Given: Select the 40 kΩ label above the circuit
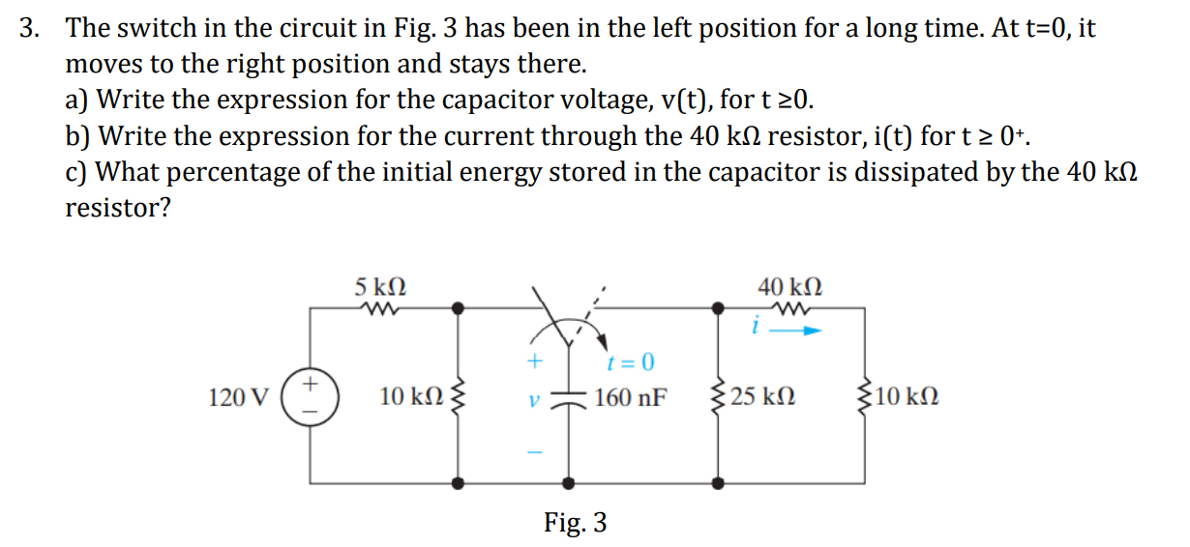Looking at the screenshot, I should coord(790,287).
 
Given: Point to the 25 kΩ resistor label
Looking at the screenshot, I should coord(763,397).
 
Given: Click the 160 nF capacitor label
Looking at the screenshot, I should coord(631,397).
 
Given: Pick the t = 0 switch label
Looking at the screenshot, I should coord(630,363).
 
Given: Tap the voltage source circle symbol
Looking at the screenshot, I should coord(310,396).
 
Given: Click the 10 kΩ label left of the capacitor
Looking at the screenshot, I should coord(411,397).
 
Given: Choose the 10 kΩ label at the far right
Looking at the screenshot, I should coord(905,397).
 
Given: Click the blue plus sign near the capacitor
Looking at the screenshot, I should coord(530,363).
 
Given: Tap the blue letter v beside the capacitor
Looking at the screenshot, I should coord(530,398).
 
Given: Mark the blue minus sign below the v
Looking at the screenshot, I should coord(530,451).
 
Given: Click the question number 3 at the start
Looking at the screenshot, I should coord(30,28).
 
